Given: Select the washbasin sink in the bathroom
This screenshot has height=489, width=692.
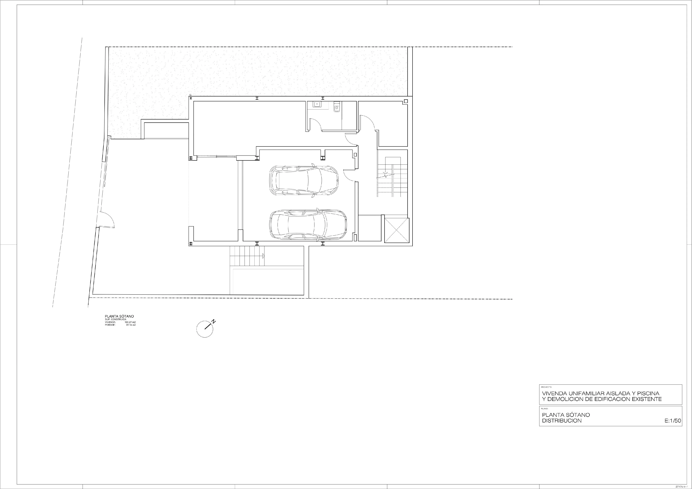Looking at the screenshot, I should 317,104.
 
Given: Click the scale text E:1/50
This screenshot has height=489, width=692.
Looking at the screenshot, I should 673,421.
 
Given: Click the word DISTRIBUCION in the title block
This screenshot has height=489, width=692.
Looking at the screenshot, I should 562,421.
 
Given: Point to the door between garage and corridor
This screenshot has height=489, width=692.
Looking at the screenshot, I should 350,175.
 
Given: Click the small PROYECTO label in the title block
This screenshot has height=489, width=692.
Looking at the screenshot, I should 546,386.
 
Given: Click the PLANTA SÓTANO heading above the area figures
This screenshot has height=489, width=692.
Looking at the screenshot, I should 119,316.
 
